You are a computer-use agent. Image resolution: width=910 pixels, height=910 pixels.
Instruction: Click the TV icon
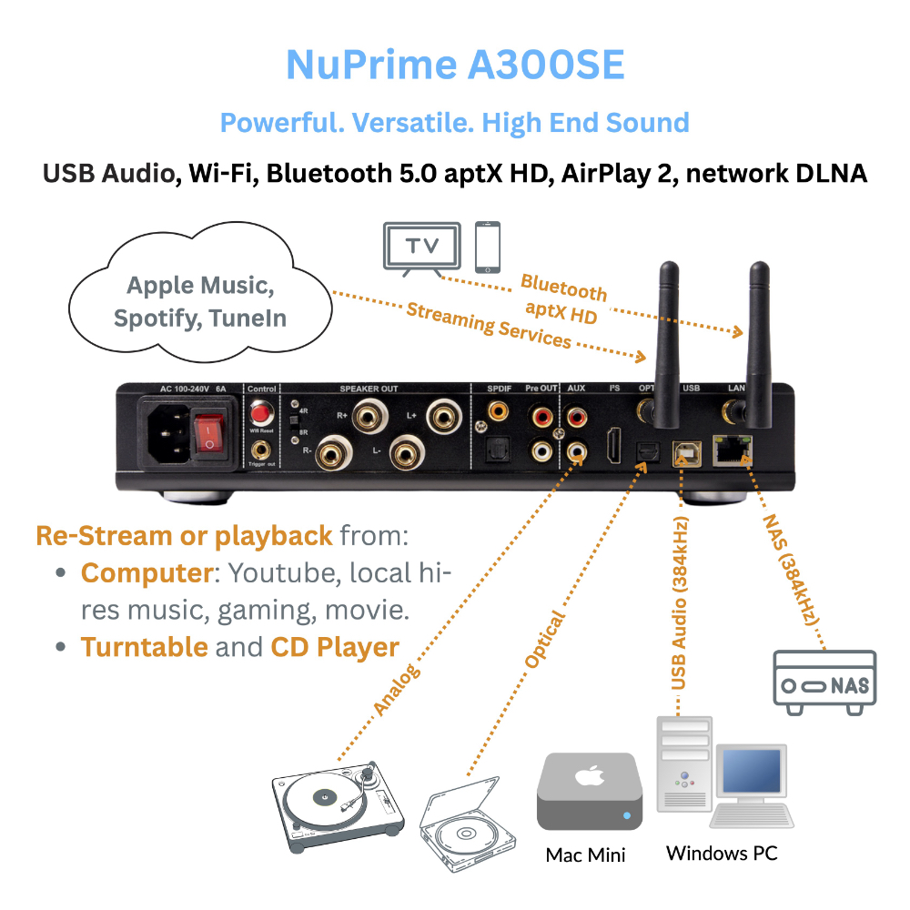point(420,247)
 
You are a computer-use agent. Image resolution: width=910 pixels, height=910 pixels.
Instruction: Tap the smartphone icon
point(489,247)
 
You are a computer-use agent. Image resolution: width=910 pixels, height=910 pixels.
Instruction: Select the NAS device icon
point(824,678)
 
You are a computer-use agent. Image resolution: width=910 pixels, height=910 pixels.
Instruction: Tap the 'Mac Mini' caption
point(586,854)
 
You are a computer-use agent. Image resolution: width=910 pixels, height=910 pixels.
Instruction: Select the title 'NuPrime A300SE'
point(455,66)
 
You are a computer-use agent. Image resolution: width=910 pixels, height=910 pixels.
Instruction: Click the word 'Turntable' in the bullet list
point(145,647)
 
